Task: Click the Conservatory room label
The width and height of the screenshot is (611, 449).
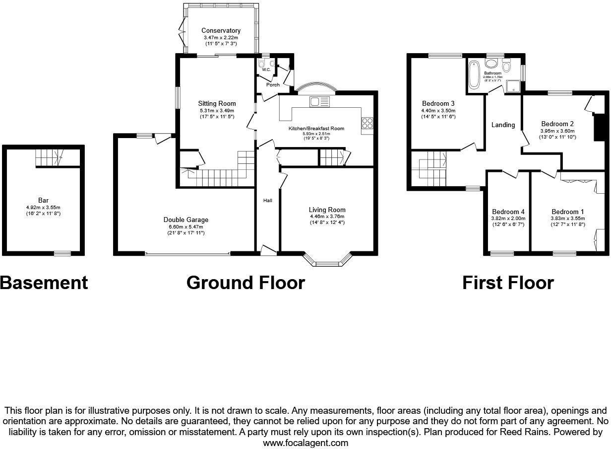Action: pos(221,31)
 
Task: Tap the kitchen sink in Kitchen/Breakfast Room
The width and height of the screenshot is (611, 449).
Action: pos(319,101)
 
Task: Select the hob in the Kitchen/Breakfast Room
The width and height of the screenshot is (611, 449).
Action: pos(367,123)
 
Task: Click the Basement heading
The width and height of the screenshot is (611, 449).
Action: pos(44,283)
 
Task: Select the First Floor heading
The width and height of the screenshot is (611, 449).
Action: pos(508,283)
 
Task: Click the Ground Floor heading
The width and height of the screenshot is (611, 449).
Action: pos(245,283)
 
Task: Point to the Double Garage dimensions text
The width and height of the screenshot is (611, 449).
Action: pos(186,229)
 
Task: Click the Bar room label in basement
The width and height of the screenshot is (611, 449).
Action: pos(43,201)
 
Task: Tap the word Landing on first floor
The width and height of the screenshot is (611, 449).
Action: pos(503,125)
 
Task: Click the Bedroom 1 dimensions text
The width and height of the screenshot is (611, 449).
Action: pos(567,222)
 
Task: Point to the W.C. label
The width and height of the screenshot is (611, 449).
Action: pos(266,70)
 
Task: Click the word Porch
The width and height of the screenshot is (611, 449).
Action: pos(273,85)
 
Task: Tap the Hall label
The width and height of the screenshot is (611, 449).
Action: pos(267,200)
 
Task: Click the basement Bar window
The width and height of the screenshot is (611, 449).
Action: pos(62,254)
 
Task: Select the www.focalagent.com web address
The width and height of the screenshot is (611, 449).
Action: pos(305,443)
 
